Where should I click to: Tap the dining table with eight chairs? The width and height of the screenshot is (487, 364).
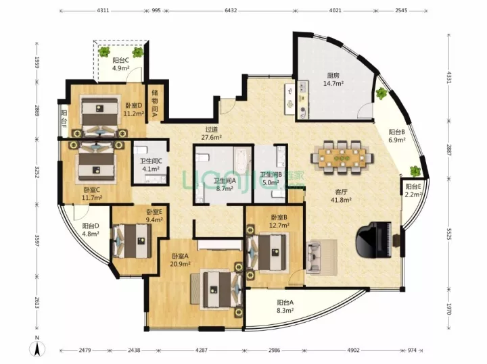pyautogui.click(x=342, y=157)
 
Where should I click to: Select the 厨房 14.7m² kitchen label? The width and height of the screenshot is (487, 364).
pyautogui.click(x=333, y=80)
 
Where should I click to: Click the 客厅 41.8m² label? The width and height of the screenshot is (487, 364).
pyautogui.click(x=341, y=196)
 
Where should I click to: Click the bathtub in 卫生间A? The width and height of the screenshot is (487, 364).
pyautogui.click(x=242, y=161)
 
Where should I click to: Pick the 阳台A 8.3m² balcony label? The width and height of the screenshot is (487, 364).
pyautogui.click(x=285, y=306)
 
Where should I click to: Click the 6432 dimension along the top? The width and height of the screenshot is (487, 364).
pyautogui.click(x=231, y=10)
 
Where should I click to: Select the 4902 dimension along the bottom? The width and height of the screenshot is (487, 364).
pyautogui.click(x=353, y=350)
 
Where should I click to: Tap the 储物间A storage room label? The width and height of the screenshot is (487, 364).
pyautogui.click(x=154, y=101)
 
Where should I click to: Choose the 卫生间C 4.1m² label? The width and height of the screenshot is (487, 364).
pyautogui.click(x=151, y=165)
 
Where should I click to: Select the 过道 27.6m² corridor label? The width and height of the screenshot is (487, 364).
pyautogui.click(x=211, y=133)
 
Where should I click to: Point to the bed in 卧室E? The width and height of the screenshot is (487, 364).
pyautogui.click(x=133, y=240)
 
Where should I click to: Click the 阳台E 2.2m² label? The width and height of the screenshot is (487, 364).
pyautogui.click(x=413, y=190)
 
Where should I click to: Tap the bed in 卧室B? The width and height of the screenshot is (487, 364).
pyautogui.click(x=266, y=253)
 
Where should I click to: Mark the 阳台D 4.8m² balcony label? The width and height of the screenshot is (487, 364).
pyautogui.click(x=91, y=230)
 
